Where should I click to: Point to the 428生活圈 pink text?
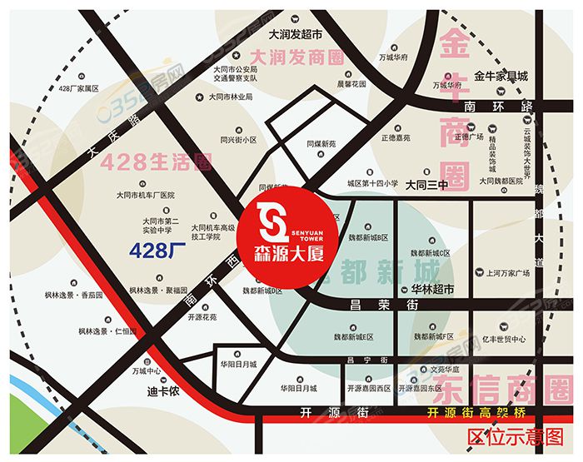click(x=155, y=162)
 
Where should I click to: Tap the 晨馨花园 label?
click(x=351, y=84)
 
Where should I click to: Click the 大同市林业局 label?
click(x=230, y=97)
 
